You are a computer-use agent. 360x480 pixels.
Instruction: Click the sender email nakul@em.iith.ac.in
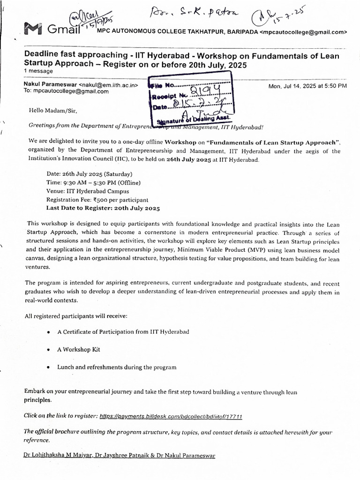[109, 85]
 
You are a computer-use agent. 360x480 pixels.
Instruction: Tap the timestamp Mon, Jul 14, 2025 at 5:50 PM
[307, 86]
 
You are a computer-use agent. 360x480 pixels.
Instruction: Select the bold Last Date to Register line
[103, 208]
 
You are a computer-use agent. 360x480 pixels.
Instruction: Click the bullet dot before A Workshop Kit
[49, 350]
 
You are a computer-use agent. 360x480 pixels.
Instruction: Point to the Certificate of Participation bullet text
[123, 332]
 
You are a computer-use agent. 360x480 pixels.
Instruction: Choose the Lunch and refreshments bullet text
[117, 367]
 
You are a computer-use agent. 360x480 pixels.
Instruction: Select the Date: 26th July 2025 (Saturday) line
[90, 174]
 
